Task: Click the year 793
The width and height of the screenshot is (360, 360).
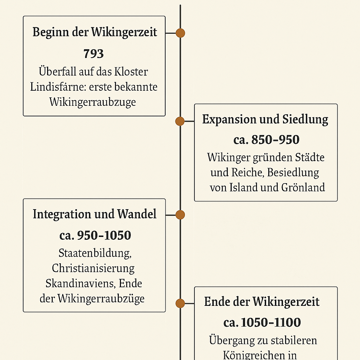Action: coord(94,54)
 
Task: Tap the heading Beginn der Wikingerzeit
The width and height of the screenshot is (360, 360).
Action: coord(95,32)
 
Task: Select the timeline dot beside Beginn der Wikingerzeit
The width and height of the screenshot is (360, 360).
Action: coord(180,33)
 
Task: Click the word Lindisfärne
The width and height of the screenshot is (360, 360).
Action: coord(58,87)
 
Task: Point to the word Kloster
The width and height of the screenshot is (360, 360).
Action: coord(131,72)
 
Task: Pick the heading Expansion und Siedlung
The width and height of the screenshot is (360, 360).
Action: coord(265,120)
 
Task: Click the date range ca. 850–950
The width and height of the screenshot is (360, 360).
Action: coord(266,140)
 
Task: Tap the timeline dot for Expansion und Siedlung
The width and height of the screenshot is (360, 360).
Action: coord(180,121)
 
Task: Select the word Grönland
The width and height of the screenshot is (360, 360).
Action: coord(303,187)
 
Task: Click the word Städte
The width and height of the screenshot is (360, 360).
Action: coord(310,157)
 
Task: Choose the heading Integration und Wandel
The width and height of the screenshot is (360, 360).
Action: coord(95,214)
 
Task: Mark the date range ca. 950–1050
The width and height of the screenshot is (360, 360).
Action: coord(95,235)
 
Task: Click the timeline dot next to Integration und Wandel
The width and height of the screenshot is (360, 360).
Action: coord(180,215)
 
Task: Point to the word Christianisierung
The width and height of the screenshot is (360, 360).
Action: coord(93,268)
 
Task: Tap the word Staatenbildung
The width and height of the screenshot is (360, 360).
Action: coord(95,253)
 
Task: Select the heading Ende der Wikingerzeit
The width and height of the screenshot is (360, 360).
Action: coord(262,302)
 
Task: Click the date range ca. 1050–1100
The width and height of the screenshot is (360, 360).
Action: coord(262,322)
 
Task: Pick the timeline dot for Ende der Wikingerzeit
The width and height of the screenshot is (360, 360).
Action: coord(180,303)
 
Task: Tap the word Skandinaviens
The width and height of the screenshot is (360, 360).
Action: coord(81,284)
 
